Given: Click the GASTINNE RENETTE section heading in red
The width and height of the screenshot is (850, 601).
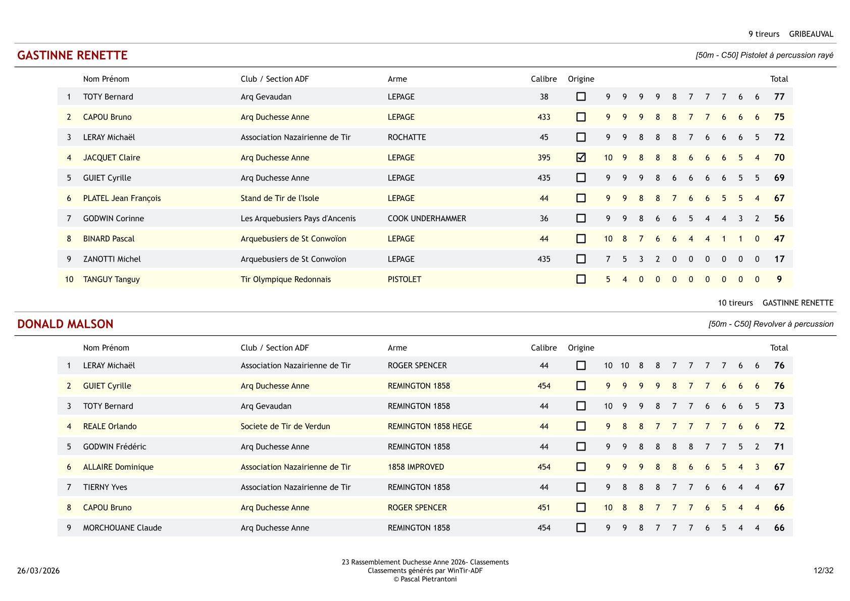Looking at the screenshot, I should point(72,56).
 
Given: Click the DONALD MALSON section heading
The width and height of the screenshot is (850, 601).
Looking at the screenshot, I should point(65,324).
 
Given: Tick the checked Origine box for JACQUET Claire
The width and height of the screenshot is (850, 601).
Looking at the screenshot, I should point(581,158).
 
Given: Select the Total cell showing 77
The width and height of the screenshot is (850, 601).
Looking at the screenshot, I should point(779,97).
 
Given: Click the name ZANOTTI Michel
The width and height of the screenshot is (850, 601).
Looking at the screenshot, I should point(112,259).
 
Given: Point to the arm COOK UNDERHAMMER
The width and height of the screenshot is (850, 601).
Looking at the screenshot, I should point(427,219).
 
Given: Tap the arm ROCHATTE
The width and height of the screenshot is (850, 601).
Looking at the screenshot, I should point(407,137).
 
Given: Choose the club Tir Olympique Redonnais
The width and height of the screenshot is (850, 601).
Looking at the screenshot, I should point(285,279).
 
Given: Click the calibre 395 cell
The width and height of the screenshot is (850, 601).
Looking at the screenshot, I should point(543,158).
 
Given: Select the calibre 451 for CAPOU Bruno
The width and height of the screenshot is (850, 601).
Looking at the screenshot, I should point(543,508).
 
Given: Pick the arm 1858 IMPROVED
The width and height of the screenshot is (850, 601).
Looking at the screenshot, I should point(416,467).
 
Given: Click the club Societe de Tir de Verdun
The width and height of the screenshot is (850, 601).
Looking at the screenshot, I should point(285,426).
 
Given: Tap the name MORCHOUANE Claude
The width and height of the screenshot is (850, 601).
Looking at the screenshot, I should point(122,528).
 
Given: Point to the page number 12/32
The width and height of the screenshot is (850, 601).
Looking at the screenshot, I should point(823,571).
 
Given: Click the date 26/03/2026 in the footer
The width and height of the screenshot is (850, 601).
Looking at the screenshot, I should point(38,571).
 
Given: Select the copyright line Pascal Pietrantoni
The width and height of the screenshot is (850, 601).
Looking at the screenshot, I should point(425,579).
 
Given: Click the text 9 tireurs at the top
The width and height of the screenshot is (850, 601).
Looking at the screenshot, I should point(764,34).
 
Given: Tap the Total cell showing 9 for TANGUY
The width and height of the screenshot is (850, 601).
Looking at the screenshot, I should point(779,279).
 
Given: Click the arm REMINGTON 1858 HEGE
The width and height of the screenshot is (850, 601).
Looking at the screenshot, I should point(430,426).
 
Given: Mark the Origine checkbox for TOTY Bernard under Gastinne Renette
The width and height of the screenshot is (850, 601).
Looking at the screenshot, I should point(581,96).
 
